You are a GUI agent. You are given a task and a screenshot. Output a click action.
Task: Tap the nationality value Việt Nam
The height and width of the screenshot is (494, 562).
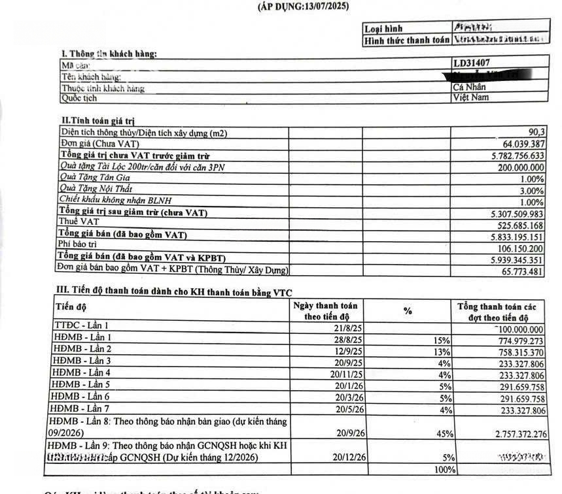471,97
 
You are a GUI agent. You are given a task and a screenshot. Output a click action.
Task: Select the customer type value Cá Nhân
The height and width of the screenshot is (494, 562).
470,87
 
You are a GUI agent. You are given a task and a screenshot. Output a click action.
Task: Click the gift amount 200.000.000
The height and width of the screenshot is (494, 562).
514,167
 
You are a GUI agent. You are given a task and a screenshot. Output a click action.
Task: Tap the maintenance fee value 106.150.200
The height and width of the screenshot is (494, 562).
514,247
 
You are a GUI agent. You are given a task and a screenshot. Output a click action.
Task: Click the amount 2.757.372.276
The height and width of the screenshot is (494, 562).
513,433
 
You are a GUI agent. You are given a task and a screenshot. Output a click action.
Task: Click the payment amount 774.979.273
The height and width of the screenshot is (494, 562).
513,340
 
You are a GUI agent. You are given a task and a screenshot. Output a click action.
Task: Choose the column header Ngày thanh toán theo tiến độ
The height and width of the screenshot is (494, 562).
325,310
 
